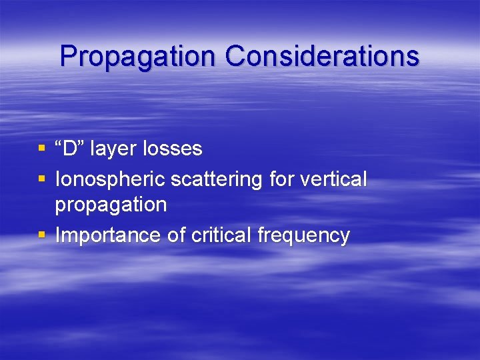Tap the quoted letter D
[x=70, y=148]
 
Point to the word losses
[x=173, y=148]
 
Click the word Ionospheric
[x=110, y=179]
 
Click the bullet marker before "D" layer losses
[x=42, y=148]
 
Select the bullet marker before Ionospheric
[x=42, y=179]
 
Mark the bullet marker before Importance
[x=42, y=235]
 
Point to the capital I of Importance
[x=58, y=235]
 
